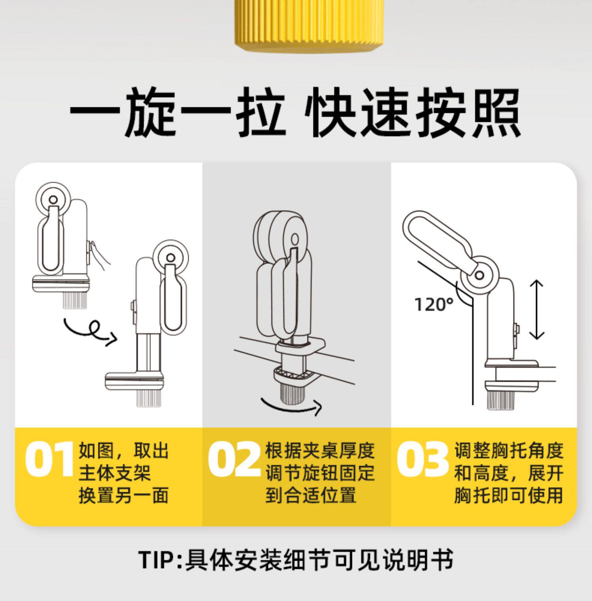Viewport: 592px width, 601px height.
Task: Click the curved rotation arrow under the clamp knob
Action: click(x=291, y=406)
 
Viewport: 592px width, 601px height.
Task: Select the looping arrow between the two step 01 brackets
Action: click(x=90, y=330)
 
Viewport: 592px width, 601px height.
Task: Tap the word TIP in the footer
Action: click(x=155, y=560)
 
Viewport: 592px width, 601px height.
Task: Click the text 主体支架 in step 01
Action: click(x=114, y=473)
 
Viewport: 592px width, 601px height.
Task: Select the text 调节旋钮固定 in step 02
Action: click(x=320, y=473)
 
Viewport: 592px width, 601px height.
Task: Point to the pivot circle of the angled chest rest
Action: click(x=479, y=275)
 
